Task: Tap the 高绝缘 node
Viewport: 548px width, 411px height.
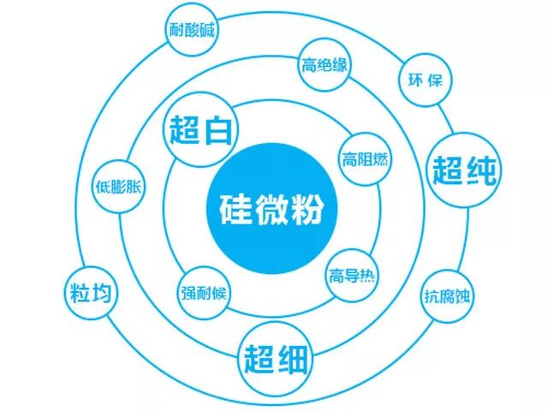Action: [x=323, y=64]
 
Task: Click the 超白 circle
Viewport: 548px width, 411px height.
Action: [x=203, y=132]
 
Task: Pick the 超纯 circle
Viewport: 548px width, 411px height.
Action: [x=465, y=169]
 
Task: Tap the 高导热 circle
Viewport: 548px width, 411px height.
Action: [x=353, y=276]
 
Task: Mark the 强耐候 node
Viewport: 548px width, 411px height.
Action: [x=204, y=291]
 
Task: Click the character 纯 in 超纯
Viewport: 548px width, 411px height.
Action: [x=482, y=169]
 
